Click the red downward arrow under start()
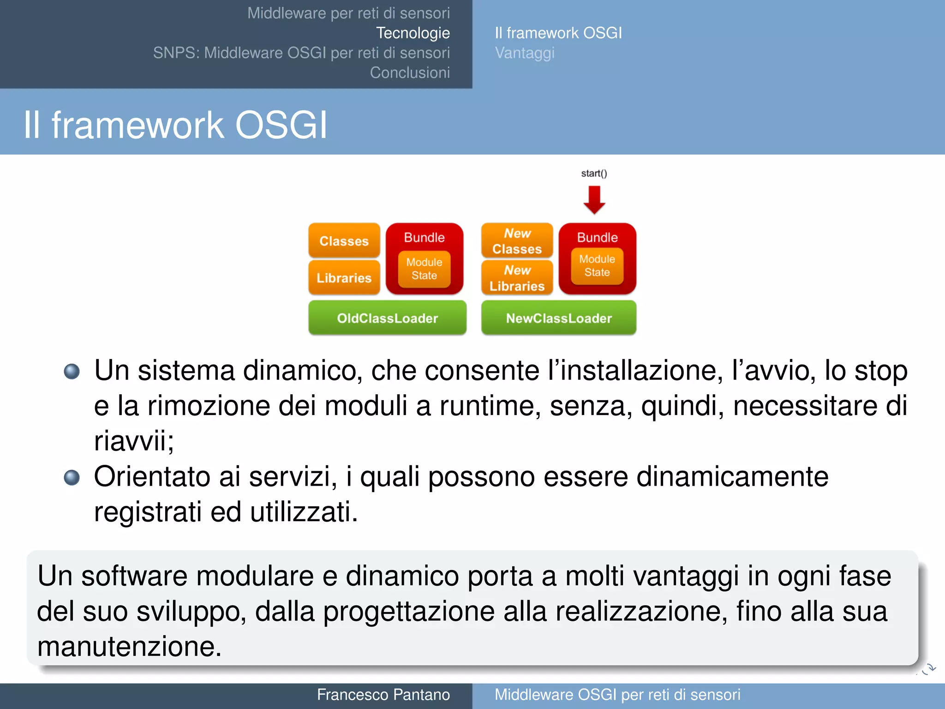pos(594,199)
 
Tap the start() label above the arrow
pos(594,174)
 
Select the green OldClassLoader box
pos(387,318)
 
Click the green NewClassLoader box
pos(558,318)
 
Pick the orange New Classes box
pos(517,241)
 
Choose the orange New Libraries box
pos(517,278)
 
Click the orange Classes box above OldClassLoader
pos(344,241)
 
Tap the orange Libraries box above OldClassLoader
pos(344,278)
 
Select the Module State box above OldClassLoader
pos(424,269)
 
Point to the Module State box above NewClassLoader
pos(597,266)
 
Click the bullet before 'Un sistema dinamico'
pos(72,371)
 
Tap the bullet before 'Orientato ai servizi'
pos(72,477)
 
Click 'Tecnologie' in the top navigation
pos(413,33)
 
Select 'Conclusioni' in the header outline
pos(410,72)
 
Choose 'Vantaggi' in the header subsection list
pos(525,53)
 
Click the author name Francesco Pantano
pos(383,695)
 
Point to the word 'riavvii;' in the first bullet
pos(134,441)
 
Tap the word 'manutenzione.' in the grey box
pos(129,646)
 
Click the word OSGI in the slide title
pos(281,125)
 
